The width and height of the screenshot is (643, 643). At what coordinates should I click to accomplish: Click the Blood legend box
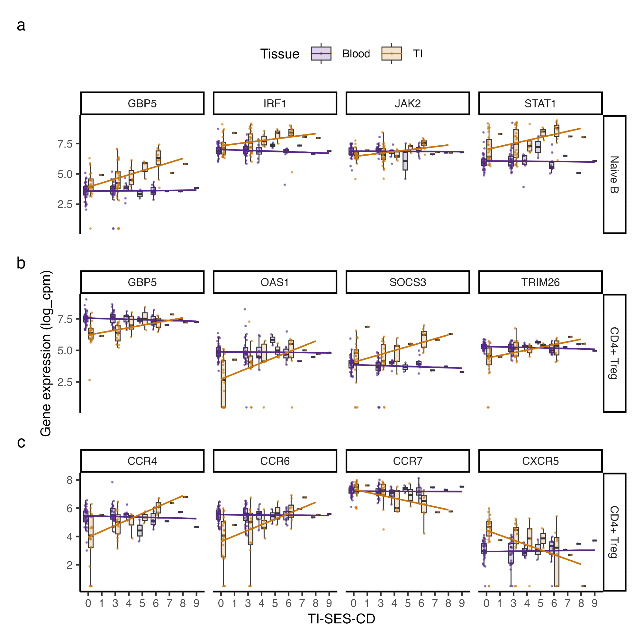tap(321, 54)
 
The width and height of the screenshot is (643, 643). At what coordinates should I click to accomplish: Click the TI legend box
tap(391, 54)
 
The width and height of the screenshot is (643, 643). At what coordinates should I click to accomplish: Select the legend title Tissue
tap(280, 54)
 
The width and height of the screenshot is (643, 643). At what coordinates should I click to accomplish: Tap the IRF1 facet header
tap(275, 104)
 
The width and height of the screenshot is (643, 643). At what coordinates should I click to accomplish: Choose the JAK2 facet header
tap(408, 104)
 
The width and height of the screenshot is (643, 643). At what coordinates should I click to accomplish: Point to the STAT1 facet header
tap(540, 104)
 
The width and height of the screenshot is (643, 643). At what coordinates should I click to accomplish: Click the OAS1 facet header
tap(275, 282)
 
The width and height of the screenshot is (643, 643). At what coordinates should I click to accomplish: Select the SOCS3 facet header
tap(408, 282)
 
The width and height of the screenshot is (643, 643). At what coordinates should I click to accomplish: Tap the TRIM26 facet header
tap(540, 282)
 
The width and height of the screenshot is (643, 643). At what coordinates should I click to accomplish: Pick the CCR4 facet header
tap(142, 461)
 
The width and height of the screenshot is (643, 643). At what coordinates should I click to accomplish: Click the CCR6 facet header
tap(275, 461)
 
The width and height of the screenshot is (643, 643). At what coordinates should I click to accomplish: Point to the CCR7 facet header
tap(408, 461)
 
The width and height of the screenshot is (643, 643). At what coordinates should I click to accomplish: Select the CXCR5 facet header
tap(540, 461)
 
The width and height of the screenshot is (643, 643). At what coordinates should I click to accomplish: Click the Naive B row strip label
tap(614, 174)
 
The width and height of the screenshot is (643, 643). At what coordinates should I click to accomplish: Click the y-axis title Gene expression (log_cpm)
tap(46, 353)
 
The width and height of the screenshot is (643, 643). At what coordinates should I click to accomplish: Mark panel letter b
tap(21, 263)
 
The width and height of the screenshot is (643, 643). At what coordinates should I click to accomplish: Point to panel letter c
tap(21, 442)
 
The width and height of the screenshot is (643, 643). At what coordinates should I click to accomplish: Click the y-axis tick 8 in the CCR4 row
tap(69, 480)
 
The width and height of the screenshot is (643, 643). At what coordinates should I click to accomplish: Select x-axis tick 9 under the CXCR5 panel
tap(594, 603)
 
